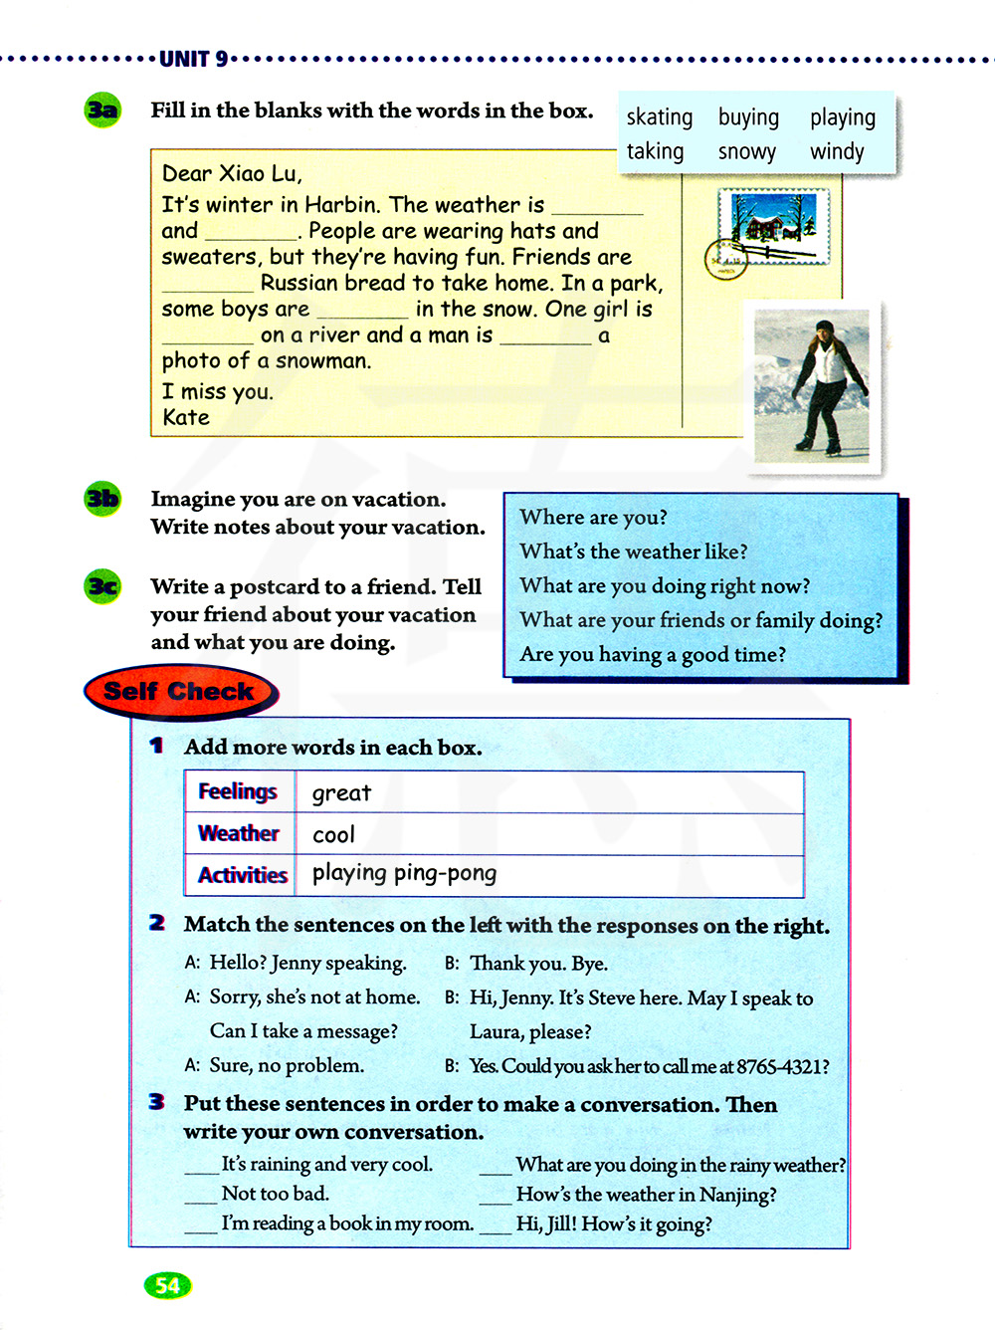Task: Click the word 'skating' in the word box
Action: [x=659, y=117]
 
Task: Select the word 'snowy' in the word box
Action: [x=746, y=152]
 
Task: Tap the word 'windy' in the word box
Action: [x=837, y=151]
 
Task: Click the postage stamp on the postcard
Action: [x=773, y=228]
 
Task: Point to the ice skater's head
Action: [x=824, y=331]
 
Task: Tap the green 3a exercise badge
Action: [x=102, y=110]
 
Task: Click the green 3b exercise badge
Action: [x=102, y=498]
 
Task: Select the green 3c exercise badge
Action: [x=102, y=586]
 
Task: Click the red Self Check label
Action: [x=179, y=692]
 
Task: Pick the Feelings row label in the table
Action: [x=238, y=792]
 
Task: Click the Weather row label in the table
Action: [x=239, y=834]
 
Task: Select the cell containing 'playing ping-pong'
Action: [x=404, y=874]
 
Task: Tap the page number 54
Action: [x=167, y=1285]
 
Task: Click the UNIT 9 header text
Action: [x=194, y=60]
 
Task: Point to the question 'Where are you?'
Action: [x=593, y=518]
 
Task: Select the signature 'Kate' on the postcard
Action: [x=186, y=418]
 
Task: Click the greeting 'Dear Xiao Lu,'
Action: [x=232, y=174]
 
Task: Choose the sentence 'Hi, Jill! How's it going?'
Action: [x=614, y=1224]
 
